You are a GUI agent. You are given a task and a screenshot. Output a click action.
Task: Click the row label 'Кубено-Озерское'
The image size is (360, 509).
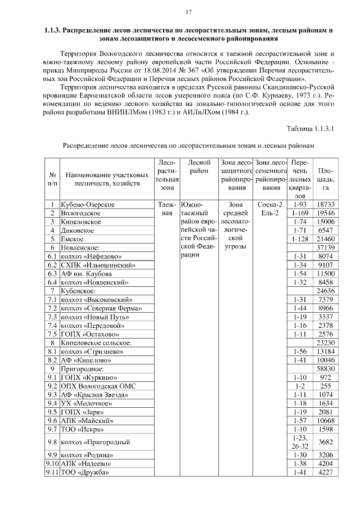pyautogui.click(x=88, y=205)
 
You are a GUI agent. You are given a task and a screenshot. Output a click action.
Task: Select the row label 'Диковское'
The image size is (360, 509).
pyautogui.click(x=78, y=230)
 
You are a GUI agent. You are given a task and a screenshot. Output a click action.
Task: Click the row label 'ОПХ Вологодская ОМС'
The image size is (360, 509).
pyautogui.click(x=98, y=386)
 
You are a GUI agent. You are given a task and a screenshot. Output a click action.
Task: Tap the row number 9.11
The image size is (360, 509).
pyautogui.click(x=52, y=472)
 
